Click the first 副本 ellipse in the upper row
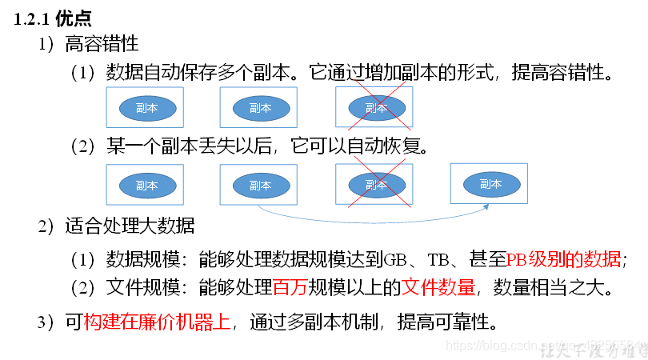coord(146,108)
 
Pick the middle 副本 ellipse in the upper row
coord(260,108)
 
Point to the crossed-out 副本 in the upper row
coord(376,108)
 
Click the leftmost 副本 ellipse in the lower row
coord(146,185)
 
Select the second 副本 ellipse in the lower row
coord(260,185)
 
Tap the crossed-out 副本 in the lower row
coord(376,185)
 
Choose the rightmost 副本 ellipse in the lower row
coord(490,184)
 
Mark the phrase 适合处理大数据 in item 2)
coord(130,226)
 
